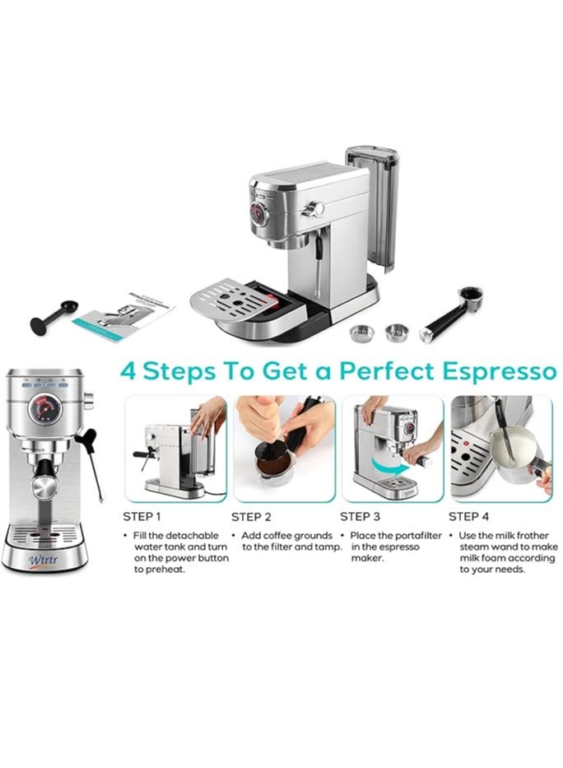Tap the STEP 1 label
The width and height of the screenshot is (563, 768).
[x=142, y=517]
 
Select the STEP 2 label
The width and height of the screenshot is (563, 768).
[x=251, y=517]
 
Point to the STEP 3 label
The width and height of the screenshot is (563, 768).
[x=361, y=517]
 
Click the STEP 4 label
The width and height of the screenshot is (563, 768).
[x=469, y=517]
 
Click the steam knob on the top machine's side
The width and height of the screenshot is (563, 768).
[x=313, y=208]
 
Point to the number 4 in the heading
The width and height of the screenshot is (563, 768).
[x=129, y=371]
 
